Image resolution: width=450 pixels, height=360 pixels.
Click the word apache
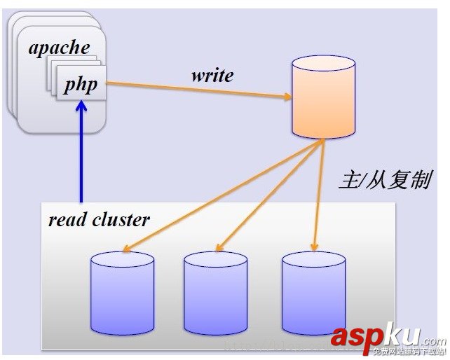pyautogui.click(x=60, y=48)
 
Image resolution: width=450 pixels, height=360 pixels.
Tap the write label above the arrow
pyautogui.click(x=212, y=75)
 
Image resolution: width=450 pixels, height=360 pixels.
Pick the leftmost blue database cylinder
pyautogui.click(x=122, y=294)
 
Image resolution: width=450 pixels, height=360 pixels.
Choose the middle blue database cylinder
pyautogui.click(x=215, y=294)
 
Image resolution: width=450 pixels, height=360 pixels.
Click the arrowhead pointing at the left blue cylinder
pyautogui.click(x=125, y=249)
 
